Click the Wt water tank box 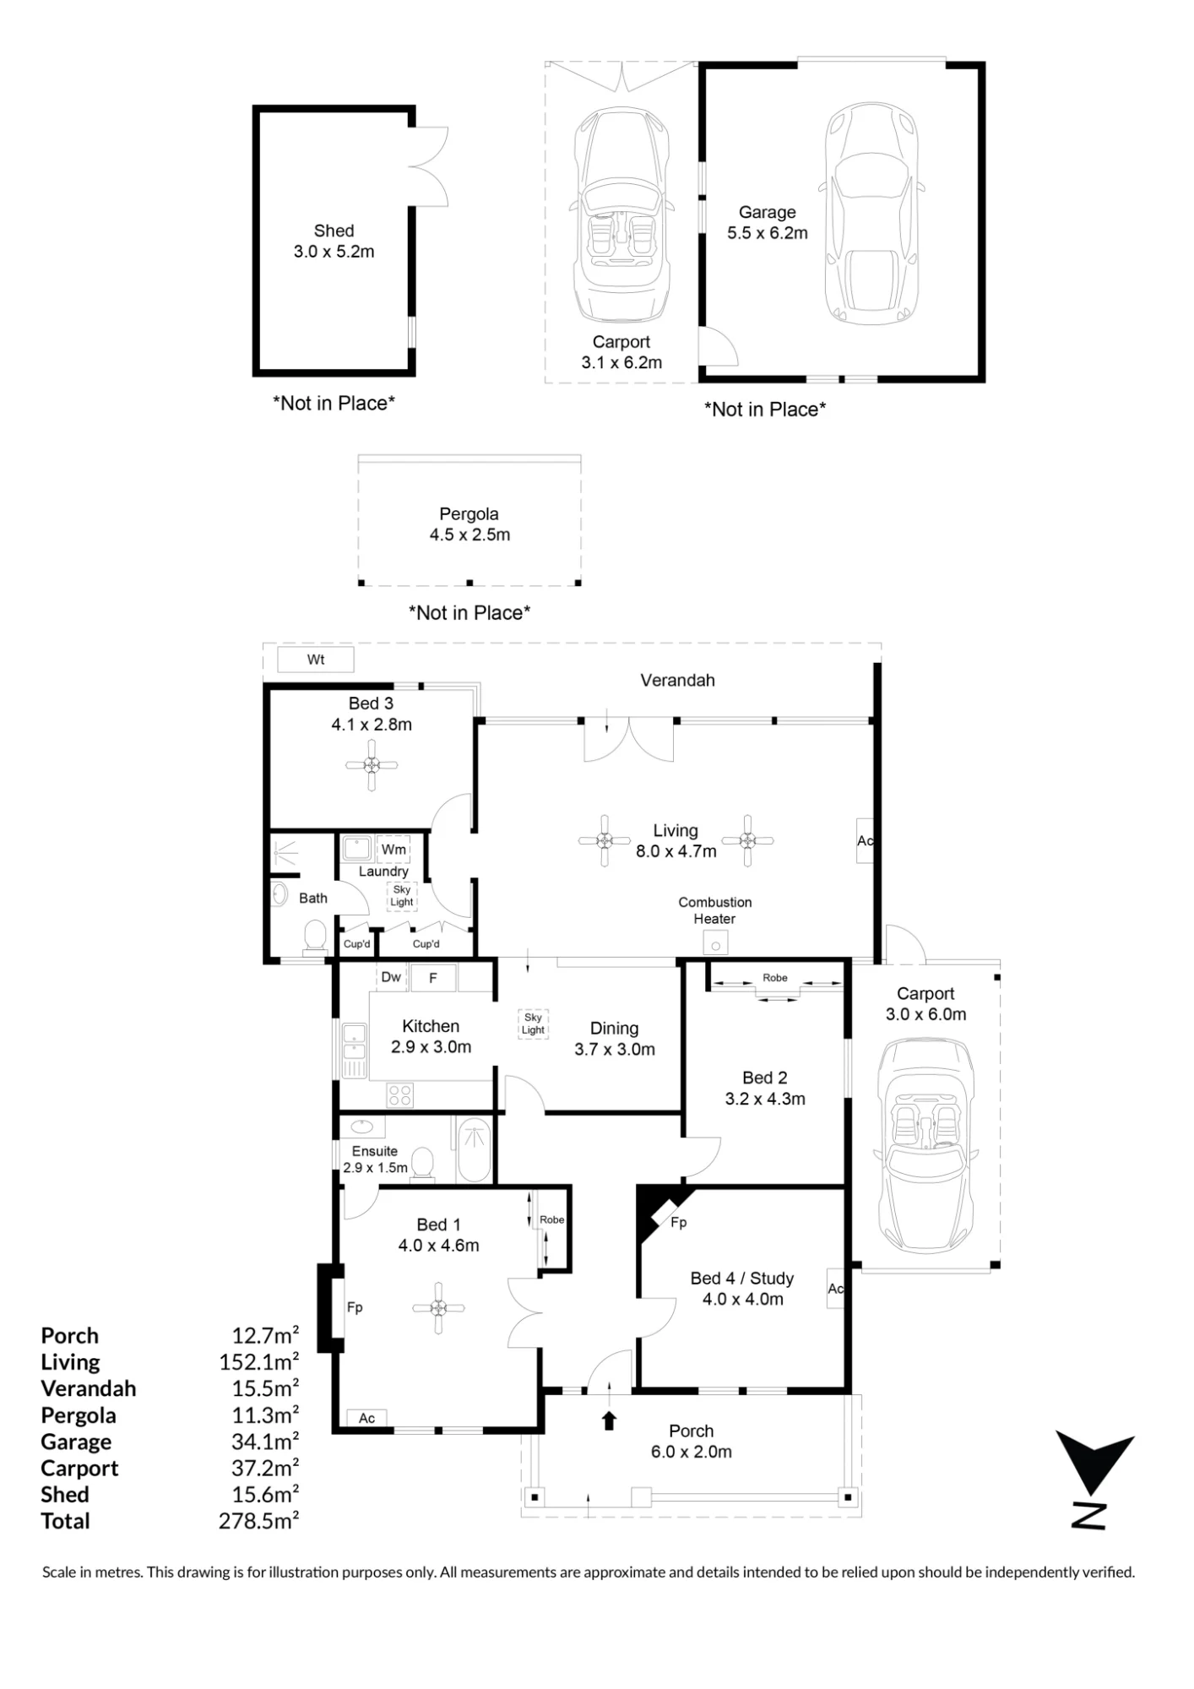pos(316,660)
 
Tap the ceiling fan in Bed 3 pos(372,765)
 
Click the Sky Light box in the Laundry pos(402,895)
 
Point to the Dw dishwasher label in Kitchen pos(391,977)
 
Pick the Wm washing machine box pos(393,849)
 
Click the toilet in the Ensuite pos(421,1162)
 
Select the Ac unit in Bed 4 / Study pos(835,1289)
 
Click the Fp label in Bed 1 pos(355,1307)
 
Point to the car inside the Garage pos(870,214)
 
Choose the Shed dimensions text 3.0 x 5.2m pos(334,252)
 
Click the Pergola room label pos(469,514)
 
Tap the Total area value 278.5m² pos(259,1521)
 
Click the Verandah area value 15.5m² pos(265,1388)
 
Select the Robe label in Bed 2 pos(775,978)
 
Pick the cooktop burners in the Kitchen pos(400,1095)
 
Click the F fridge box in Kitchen pos(433,978)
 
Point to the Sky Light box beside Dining pos(533,1024)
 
